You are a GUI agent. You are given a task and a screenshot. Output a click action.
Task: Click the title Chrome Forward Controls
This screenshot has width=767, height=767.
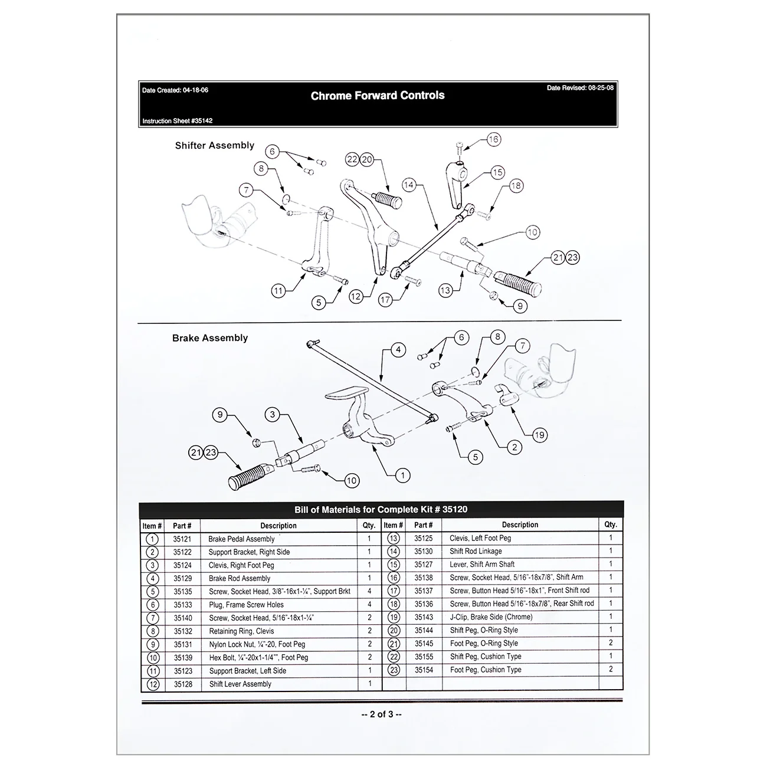coord(378,96)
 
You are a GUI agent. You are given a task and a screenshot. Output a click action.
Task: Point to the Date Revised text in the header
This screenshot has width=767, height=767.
coord(580,88)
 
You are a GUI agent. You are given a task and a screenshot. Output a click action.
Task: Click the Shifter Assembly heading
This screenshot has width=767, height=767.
coord(214,146)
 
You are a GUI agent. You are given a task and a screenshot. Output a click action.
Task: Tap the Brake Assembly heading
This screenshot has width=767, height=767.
coord(209,338)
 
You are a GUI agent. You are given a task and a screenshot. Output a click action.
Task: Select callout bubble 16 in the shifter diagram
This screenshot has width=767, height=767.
coord(493,140)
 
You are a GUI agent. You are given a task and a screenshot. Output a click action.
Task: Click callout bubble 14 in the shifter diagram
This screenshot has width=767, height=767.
coord(409,185)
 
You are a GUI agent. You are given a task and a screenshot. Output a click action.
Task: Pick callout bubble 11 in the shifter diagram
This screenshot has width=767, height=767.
coord(278,290)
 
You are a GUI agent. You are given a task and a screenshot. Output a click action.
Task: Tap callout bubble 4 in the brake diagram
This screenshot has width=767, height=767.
coord(398,350)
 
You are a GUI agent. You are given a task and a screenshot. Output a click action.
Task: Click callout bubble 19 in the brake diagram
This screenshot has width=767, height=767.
coord(539,435)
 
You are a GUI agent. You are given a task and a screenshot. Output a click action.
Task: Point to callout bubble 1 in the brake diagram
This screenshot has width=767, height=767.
coord(403,475)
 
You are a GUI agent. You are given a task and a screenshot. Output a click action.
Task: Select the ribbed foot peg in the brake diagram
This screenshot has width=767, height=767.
coord(251,475)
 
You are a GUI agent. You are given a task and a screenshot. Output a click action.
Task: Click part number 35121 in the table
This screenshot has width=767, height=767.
coord(182,539)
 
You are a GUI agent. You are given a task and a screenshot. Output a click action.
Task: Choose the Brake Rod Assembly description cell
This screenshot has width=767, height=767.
coord(240,578)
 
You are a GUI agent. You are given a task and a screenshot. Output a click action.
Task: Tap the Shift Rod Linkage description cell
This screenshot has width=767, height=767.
coord(476,551)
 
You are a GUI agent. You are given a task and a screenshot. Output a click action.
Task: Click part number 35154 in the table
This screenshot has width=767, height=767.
coord(424,670)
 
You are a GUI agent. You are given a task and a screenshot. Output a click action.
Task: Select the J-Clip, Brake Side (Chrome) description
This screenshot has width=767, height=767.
coord(491,617)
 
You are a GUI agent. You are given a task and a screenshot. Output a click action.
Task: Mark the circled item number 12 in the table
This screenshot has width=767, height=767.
coord(152,684)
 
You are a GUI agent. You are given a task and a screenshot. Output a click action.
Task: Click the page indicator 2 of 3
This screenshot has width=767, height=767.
coord(381,714)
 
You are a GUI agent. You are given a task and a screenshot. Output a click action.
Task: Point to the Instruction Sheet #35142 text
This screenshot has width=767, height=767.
coord(178,121)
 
